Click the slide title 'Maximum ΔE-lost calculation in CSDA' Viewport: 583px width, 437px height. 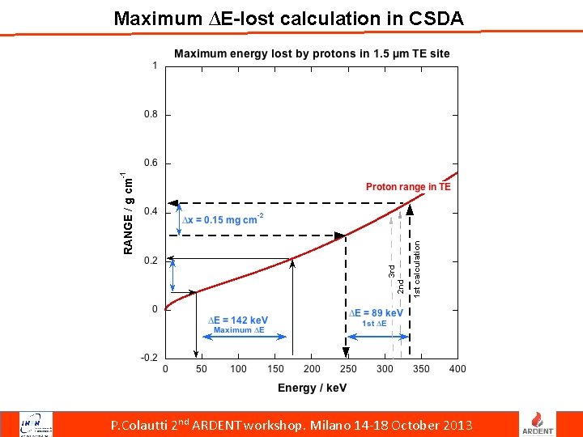click(x=289, y=18)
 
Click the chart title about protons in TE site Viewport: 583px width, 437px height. click(x=312, y=54)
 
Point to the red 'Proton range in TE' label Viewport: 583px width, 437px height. click(x=408, y=187)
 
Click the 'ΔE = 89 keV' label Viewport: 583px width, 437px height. click(x=377, y=313)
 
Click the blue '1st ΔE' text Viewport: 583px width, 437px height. click(x=374, y=324)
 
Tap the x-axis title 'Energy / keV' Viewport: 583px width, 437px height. click(x=312, y=388)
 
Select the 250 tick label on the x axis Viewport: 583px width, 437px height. click(x=347, y=369)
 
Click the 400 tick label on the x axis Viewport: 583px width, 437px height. click(x=457, y=369)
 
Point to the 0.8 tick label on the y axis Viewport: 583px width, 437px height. click(x=151, y=115)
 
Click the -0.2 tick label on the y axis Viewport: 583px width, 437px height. click(x=150, y=358)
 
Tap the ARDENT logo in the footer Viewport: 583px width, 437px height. click(x=542, y=423)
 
